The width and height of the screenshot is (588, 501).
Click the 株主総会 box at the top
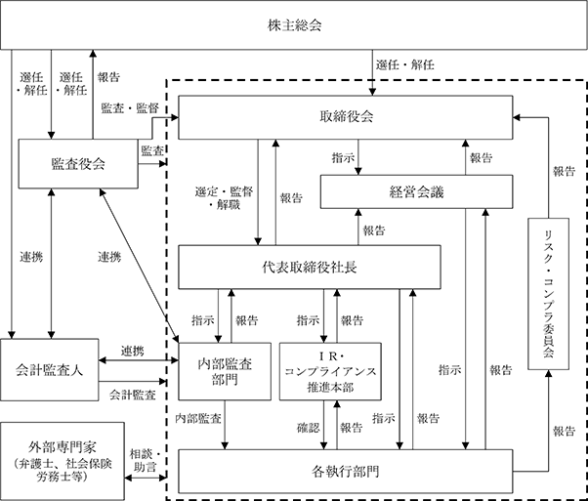click(x=294, y=24)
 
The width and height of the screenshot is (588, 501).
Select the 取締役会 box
click(x=346, y=117)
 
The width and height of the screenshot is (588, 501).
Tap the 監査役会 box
click(x=78, y=163)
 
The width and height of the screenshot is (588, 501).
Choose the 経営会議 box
click(x=416, y=191)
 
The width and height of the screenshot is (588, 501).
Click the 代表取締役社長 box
click(x=310, y=267)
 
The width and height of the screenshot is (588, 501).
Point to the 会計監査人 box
click(x=49, y=370)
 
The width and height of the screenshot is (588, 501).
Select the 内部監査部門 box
click(x=225, y=371)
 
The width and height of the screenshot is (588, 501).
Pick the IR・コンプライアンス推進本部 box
click(x=330, y=371)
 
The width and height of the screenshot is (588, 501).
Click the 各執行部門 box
click(x=346, y=471)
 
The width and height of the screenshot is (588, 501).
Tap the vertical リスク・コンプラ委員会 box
click(x=548, y=294)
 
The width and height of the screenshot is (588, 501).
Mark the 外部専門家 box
click(x=63, y=461)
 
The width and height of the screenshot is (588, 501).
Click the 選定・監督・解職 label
click(x=224, y=198)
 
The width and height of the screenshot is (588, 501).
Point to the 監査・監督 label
click(x=130, y=108)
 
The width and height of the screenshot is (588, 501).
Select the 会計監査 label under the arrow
click(x=133, y=395)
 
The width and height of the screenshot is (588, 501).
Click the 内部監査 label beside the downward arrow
click(x=198, y=418)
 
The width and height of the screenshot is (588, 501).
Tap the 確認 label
click(x=309, y=428)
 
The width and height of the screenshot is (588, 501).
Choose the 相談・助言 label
click(x=146, y=461)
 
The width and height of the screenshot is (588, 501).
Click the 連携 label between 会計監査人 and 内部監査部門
click(x=133, y=351)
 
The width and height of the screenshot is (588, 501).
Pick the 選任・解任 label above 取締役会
click(x=405, y=64)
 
